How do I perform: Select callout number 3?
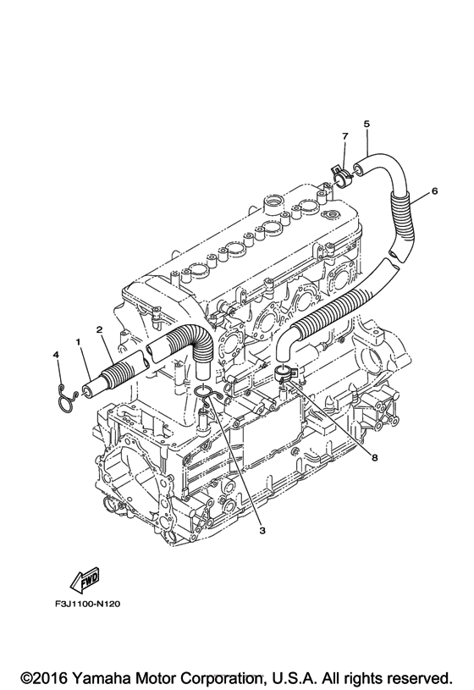click(262, 530)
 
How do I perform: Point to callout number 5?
click(367, 124)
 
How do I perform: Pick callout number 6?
click(435, 191)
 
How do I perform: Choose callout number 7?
click(344, 136)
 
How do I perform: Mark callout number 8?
click(374, 458)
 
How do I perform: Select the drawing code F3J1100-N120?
click(87, 604)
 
